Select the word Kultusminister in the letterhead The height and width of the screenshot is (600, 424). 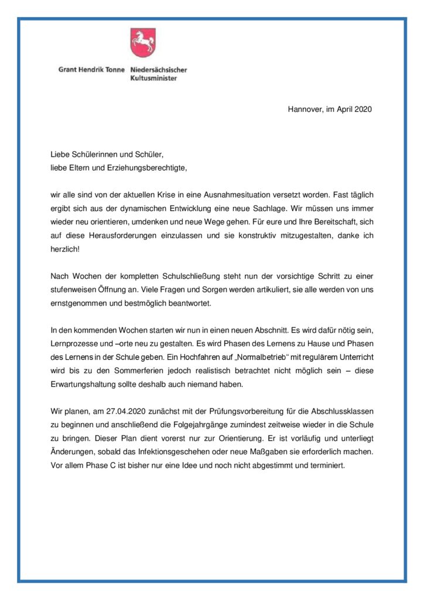coord(153,78)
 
